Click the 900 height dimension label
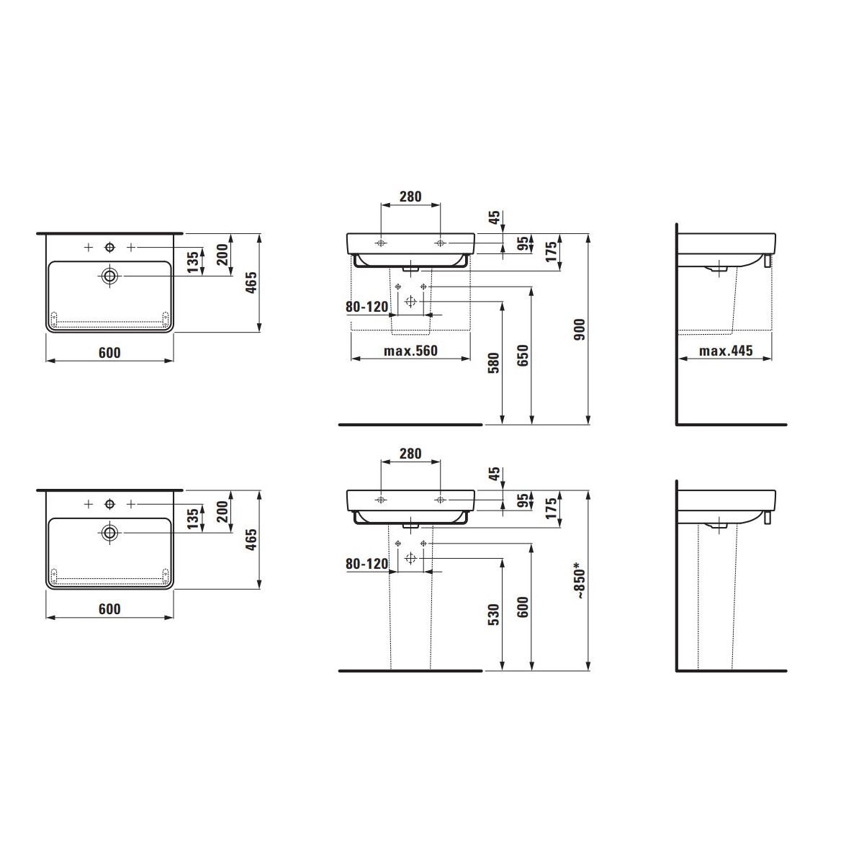(580, 329)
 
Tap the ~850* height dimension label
(580, 581)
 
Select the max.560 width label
(410, 351)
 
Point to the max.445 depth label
(726, 351)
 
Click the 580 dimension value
(493, 363)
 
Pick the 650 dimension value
(523, 355)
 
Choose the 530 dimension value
(493, 614)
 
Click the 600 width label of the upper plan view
(109, 353)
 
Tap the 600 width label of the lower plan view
(109, 609)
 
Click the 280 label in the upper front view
(410, 197)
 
